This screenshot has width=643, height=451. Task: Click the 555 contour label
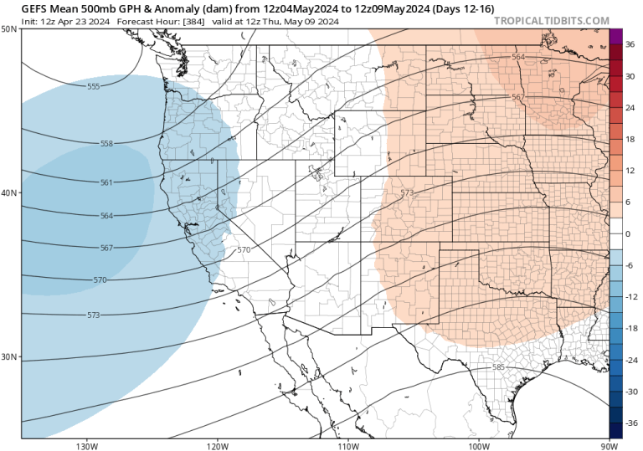click(x=93, y=86)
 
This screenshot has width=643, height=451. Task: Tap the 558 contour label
click(x=106, y=144)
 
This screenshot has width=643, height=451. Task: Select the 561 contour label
click(x=106, y=182)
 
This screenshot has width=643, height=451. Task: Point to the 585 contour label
click(x=498, y=367)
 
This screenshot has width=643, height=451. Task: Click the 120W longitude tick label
click(x=217, y=445)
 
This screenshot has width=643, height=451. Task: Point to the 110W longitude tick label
click(x=347, y=445)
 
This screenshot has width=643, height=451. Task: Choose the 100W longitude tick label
click(x=478, y=445)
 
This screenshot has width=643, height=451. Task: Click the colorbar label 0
click(x=628, y=233)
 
